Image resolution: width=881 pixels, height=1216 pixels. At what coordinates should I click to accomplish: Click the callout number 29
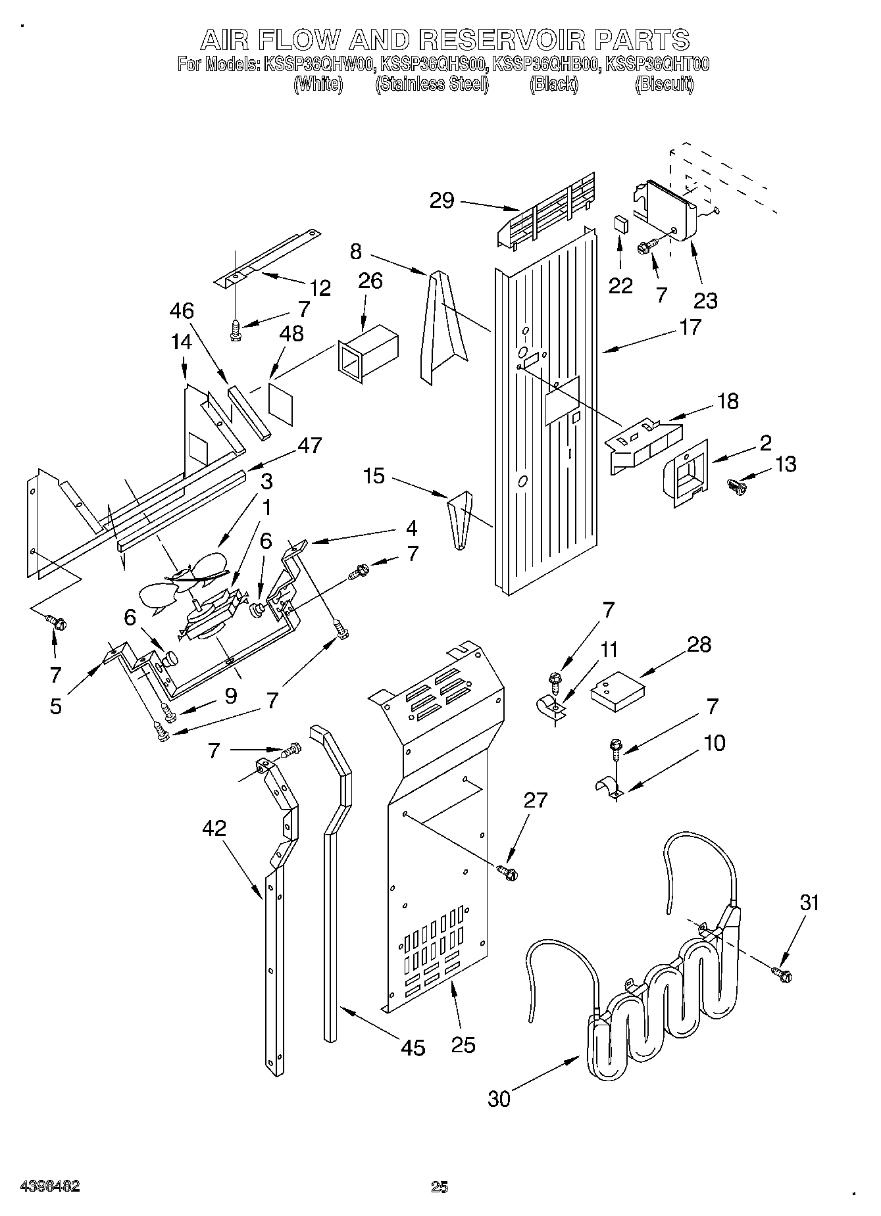click(x=442, y=200)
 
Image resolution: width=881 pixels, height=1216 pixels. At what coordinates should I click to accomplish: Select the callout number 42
click(x=215, y=828)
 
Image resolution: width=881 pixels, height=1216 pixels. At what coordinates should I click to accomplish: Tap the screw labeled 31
click(x=781, y=973)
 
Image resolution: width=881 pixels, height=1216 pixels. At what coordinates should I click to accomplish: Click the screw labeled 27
click(x=508, y=872)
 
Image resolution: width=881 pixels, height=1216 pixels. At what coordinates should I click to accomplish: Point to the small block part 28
click(x=617, y=694)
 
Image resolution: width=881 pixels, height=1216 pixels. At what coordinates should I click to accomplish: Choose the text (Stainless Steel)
click(x=431, y=84)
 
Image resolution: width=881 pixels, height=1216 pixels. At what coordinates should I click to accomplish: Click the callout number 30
click(x=499, y=1098)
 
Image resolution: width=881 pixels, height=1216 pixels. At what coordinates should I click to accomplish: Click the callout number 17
click(x=690, y=327)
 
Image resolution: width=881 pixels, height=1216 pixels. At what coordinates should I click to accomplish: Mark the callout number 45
click(x=413, y=1047)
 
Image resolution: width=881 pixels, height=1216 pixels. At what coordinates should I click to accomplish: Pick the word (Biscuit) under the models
click(x=664, y=84)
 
